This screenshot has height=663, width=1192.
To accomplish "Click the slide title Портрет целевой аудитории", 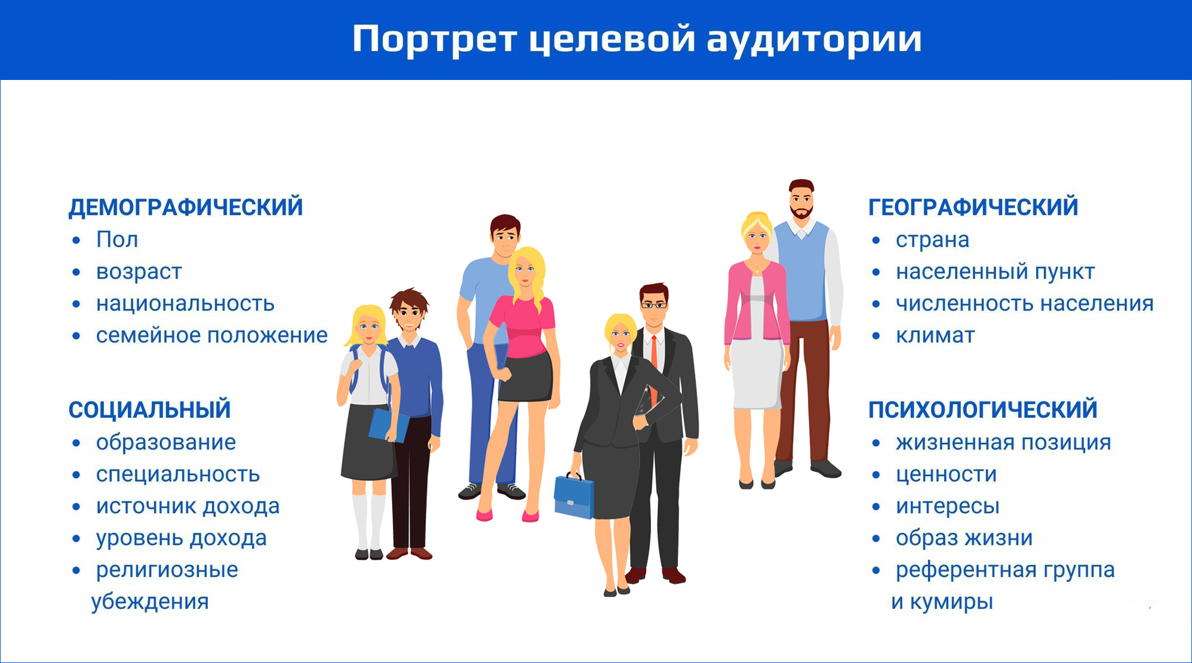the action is [637, 40].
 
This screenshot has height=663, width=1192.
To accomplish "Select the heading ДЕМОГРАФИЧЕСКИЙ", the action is [186, 207].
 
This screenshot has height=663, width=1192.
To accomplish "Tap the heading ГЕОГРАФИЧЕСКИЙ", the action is [973, 207].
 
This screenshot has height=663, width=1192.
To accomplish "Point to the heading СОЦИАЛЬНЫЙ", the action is [150, 410].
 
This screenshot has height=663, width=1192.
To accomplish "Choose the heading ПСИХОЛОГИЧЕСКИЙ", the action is [983, 410].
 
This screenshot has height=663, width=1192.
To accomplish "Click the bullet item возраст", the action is [139, 272].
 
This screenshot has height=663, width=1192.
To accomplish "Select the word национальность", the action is [185, 304].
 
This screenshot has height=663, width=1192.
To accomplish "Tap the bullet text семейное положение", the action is [212, 335].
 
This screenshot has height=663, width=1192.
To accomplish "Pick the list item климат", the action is [935, 336].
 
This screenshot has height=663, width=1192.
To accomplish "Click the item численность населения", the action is [1025, 304].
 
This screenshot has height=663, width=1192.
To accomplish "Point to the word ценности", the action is [947, 475].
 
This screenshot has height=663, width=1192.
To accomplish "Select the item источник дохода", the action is [188, 507].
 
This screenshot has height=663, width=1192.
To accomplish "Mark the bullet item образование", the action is [166, 443].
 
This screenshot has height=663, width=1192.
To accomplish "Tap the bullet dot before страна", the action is [876, 240].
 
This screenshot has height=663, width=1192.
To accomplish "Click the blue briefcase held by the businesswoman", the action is [573, 495].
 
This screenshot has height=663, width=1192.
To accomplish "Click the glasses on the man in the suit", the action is [654, 305].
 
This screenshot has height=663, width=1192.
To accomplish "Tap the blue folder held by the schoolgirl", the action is [388, 425].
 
